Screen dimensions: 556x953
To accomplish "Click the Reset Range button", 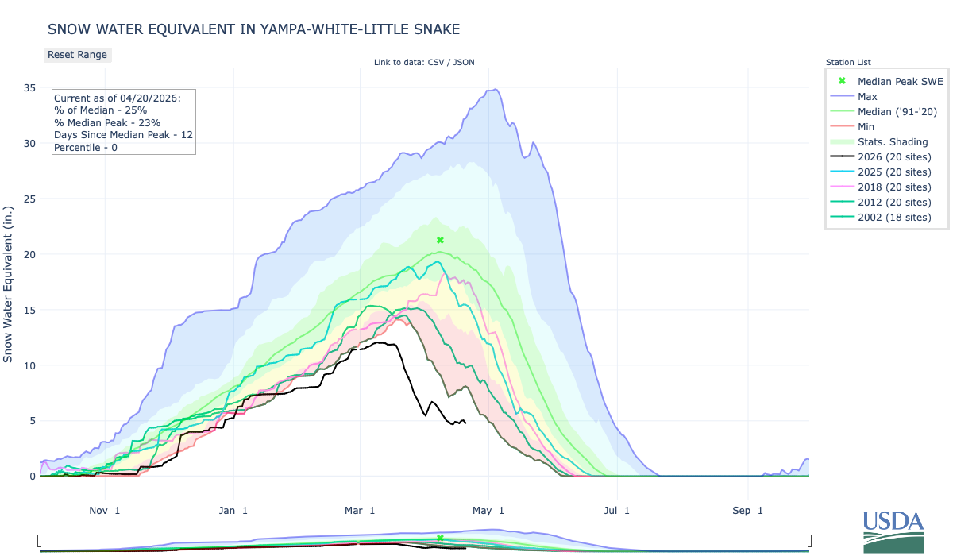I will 77,55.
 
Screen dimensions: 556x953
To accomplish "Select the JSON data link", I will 465,63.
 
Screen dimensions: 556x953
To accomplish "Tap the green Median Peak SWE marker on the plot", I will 440,240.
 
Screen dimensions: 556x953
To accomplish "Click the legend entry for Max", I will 867,96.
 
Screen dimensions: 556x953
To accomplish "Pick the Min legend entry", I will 866,126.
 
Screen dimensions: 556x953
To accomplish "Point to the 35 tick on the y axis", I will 29,87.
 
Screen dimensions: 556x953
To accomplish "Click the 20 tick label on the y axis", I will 29,254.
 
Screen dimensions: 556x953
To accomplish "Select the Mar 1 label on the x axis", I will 360,510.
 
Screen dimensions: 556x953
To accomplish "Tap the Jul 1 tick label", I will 616,510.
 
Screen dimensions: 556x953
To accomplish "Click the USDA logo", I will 893,531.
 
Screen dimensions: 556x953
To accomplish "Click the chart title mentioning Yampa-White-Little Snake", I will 254,29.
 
